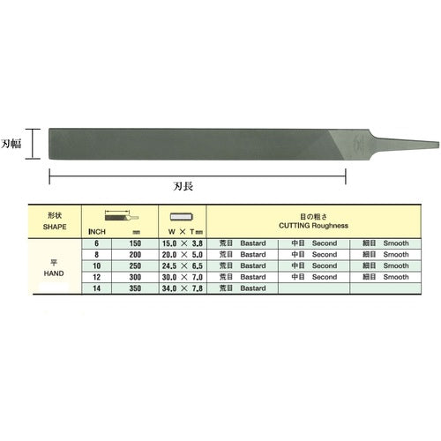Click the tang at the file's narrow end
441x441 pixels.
(x=402, y=143)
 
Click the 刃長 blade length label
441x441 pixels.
(x=197, y=187)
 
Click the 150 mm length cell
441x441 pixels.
(x=134, y=242)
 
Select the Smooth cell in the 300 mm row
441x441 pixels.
(x=388, y=276)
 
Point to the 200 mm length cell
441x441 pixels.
(x=134, y=253)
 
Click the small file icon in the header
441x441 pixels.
(x=119, y=214)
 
